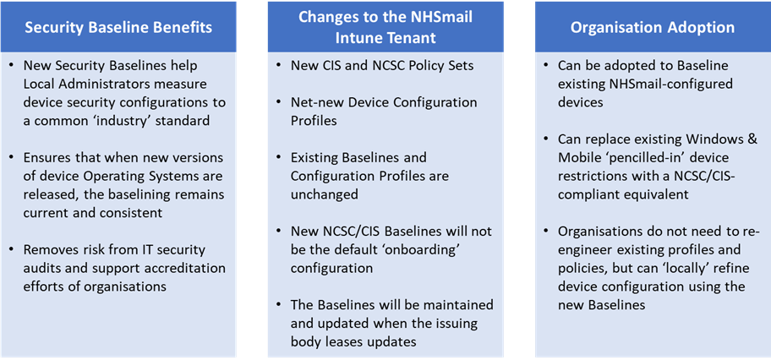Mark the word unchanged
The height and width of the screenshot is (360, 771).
[324, 194]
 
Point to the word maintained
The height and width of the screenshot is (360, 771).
[458, 305]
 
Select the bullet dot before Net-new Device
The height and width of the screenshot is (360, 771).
[278, 103]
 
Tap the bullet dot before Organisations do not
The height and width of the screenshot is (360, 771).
[546, 232]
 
